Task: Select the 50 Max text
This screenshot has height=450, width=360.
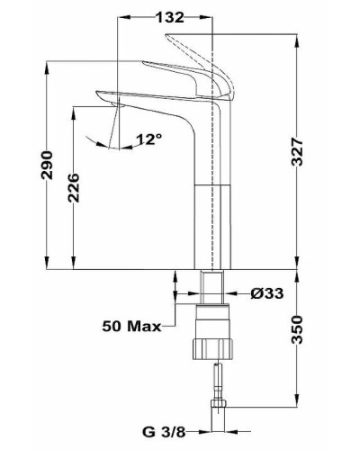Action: tap(131, 326)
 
